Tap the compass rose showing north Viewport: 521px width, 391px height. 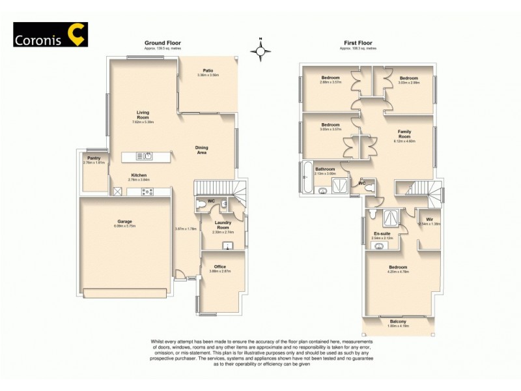260,50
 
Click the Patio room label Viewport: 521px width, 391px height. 208,70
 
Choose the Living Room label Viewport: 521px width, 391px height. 143,115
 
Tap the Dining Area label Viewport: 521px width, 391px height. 202,150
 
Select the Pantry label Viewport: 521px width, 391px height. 94,158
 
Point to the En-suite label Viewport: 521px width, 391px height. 382,233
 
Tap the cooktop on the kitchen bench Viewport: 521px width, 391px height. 147,192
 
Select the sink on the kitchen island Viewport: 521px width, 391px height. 148,156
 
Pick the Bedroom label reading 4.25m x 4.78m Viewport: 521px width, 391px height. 398,268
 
